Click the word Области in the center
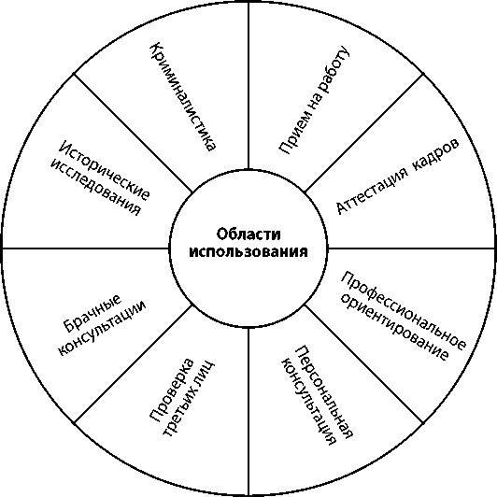point(248,234)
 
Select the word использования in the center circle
point(248,252)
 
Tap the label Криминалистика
point(183,97)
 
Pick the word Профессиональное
point(404,310)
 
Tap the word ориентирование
point(393,327)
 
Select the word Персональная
point(324,392)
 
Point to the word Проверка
point(172,390)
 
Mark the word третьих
point(180,412)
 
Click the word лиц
point(206,371)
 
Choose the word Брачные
point(92,314)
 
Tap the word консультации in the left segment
point(102,328)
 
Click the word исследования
point(95,187)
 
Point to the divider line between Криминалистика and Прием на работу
point(248,85)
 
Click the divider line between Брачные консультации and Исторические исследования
point(86,248)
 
